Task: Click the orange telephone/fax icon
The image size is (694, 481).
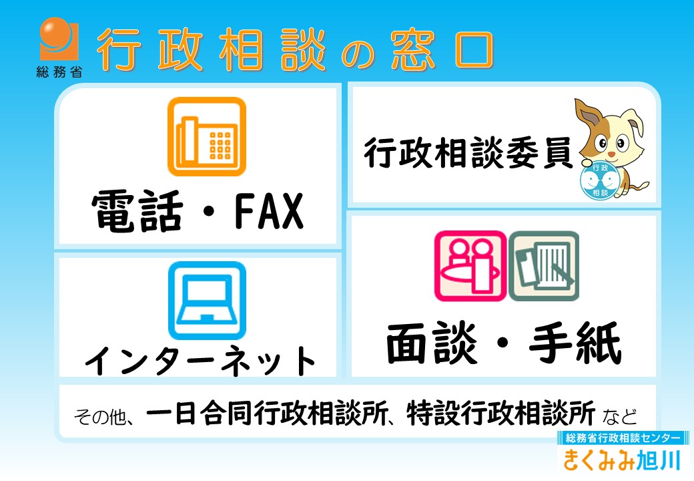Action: (x=207, y=136)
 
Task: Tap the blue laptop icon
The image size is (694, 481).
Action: (x=207, y=301)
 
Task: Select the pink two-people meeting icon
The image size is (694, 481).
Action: (x=470, y=266)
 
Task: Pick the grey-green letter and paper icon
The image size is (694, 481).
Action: (x=544, y=266)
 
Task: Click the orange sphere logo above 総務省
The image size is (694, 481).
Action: (x=59, y=39)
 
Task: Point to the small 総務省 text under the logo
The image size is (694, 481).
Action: (x=59, y=71)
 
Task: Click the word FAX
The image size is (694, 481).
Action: (x=269, y=211)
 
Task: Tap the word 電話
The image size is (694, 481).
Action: (x=137, y=211)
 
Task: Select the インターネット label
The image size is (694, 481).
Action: (x=200, y=360)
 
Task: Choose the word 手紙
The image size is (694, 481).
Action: (x=575, y=343)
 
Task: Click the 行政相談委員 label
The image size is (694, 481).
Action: (x=468, y=153)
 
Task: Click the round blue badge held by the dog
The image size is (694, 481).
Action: (x=600, y=180)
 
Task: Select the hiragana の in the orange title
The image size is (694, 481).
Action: (x=358, y=54)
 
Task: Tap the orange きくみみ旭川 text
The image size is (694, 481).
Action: (x=622, y=460)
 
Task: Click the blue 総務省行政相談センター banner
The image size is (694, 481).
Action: (x=623, y=438)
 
